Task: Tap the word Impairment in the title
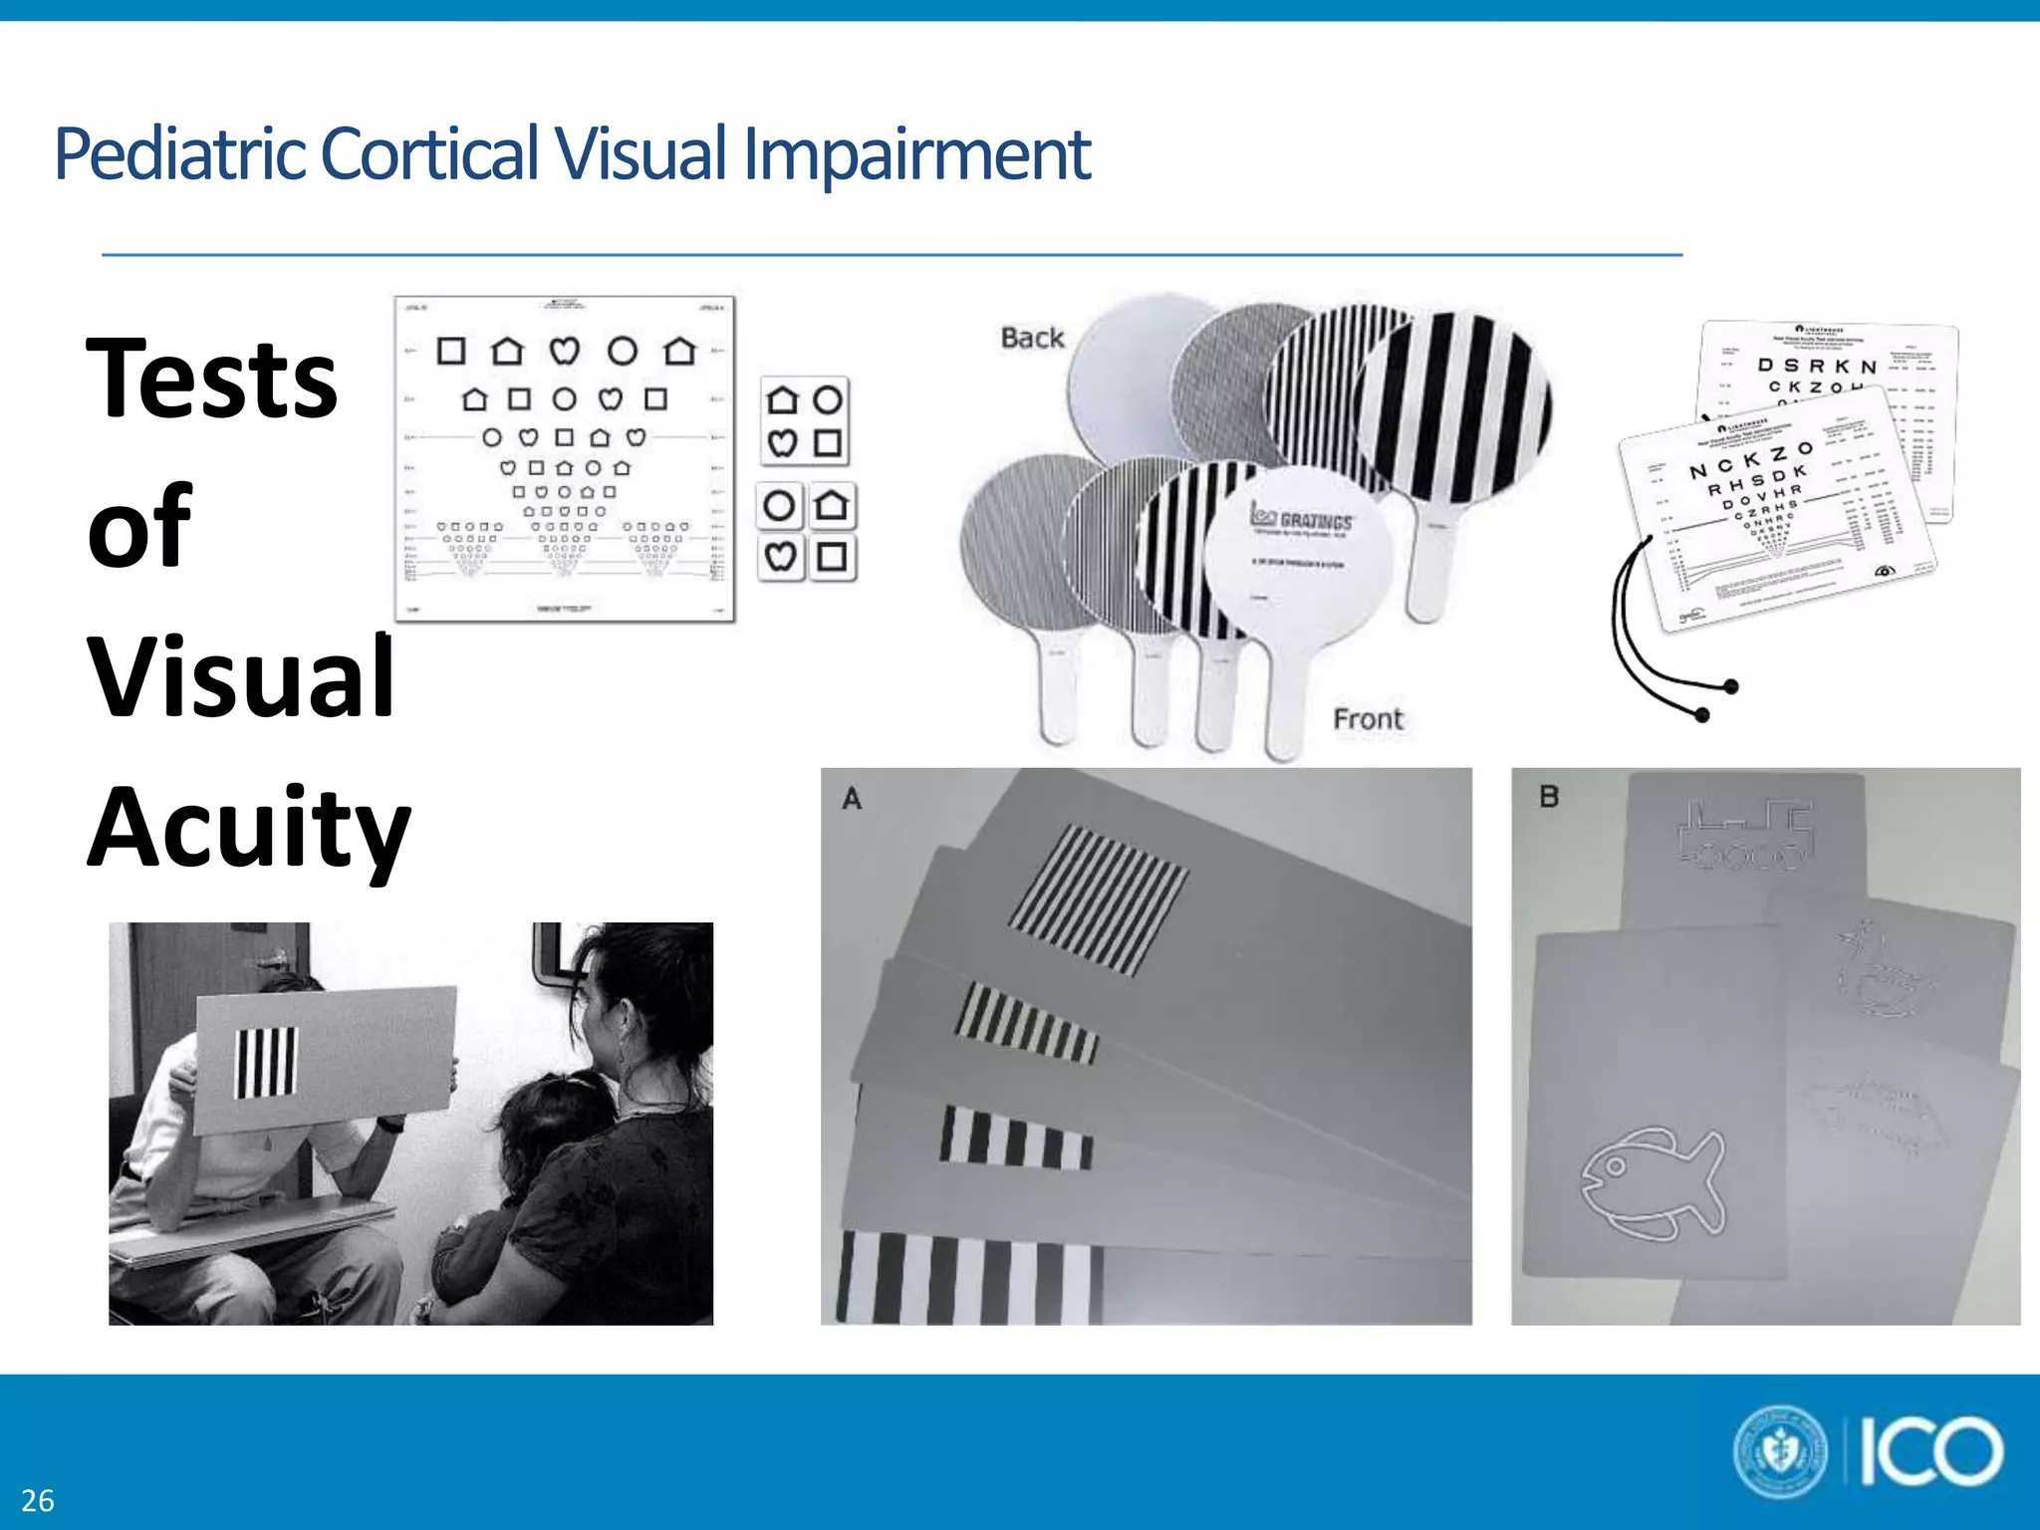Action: point(916,154)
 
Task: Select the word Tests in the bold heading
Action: point(212,379)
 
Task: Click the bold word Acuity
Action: point(249,829)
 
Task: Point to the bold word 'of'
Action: point(139,526)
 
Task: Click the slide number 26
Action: point(38,1500)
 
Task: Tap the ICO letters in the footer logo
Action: point(1930,1452)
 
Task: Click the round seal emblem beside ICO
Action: point(1781,1451)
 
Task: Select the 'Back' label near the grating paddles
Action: point(1032,338)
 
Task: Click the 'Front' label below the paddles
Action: point(1368,718)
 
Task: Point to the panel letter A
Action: point(852,798)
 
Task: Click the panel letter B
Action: point(1549,797)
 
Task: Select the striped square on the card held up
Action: point(266,1063)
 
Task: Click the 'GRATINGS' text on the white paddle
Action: point(1315,520)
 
